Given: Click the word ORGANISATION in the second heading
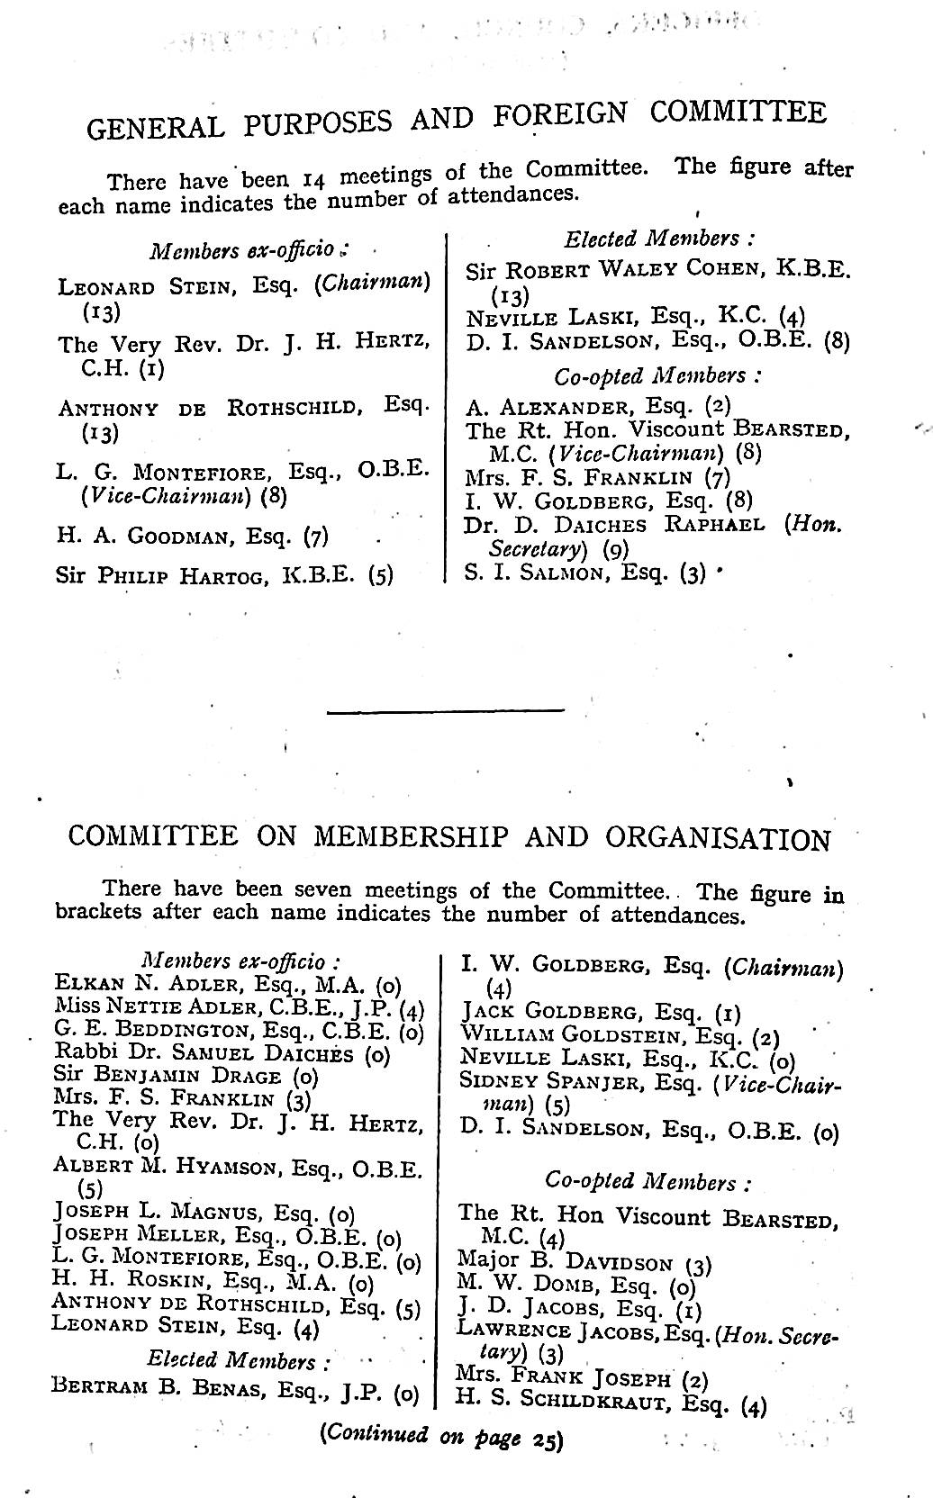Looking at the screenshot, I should click(x=718, y=838).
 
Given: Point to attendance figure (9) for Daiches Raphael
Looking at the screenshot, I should click(x=615, y=549).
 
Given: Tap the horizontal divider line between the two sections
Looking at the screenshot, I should click(x=446, y=712).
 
